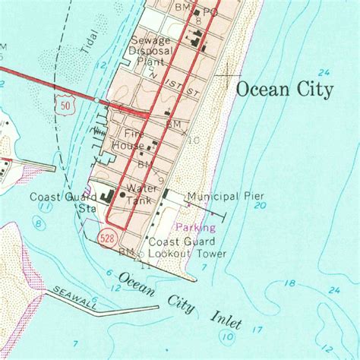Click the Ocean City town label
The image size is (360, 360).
point(285,90)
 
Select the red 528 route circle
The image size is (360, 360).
point(107,238)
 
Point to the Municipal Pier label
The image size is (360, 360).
point(226,196)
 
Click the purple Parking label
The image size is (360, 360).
point(196,226)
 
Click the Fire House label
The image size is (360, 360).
point(128,139)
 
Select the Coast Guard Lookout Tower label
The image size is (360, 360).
point(187,248)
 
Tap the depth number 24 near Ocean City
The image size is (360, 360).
point(325,72)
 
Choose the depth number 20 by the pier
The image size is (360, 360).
point(261,205)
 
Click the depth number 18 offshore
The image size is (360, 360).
point(289,283)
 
